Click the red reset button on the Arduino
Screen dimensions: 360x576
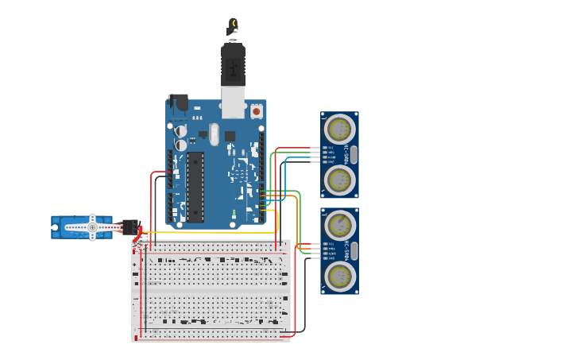pos(257,112)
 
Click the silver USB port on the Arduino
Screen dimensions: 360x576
pos(233,103)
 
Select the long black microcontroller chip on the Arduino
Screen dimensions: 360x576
pos(195,187)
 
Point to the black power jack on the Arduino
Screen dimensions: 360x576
pos(178,103)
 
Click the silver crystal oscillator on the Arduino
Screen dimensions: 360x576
pos(215,134)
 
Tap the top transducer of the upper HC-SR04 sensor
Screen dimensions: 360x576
pos(339,130)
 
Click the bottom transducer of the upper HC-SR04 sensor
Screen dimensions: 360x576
pos(339,180)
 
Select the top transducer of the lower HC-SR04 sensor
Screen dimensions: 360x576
pos(339,225)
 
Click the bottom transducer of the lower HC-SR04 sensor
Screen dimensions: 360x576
pos(339,276)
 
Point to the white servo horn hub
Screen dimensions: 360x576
pos(92,228)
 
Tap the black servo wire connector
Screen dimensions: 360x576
pos(130,227)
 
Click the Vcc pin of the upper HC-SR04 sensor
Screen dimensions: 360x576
pos(324,147)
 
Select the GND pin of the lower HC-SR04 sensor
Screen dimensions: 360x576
pos(324,258)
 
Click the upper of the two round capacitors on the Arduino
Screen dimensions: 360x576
pos(181,131)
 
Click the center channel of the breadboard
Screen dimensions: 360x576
pos(211,290)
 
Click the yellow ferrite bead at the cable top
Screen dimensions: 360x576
pos(233,24)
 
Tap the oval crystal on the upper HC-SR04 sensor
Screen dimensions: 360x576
pos(354,154)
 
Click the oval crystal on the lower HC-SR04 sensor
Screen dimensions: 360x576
pos(354,251)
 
